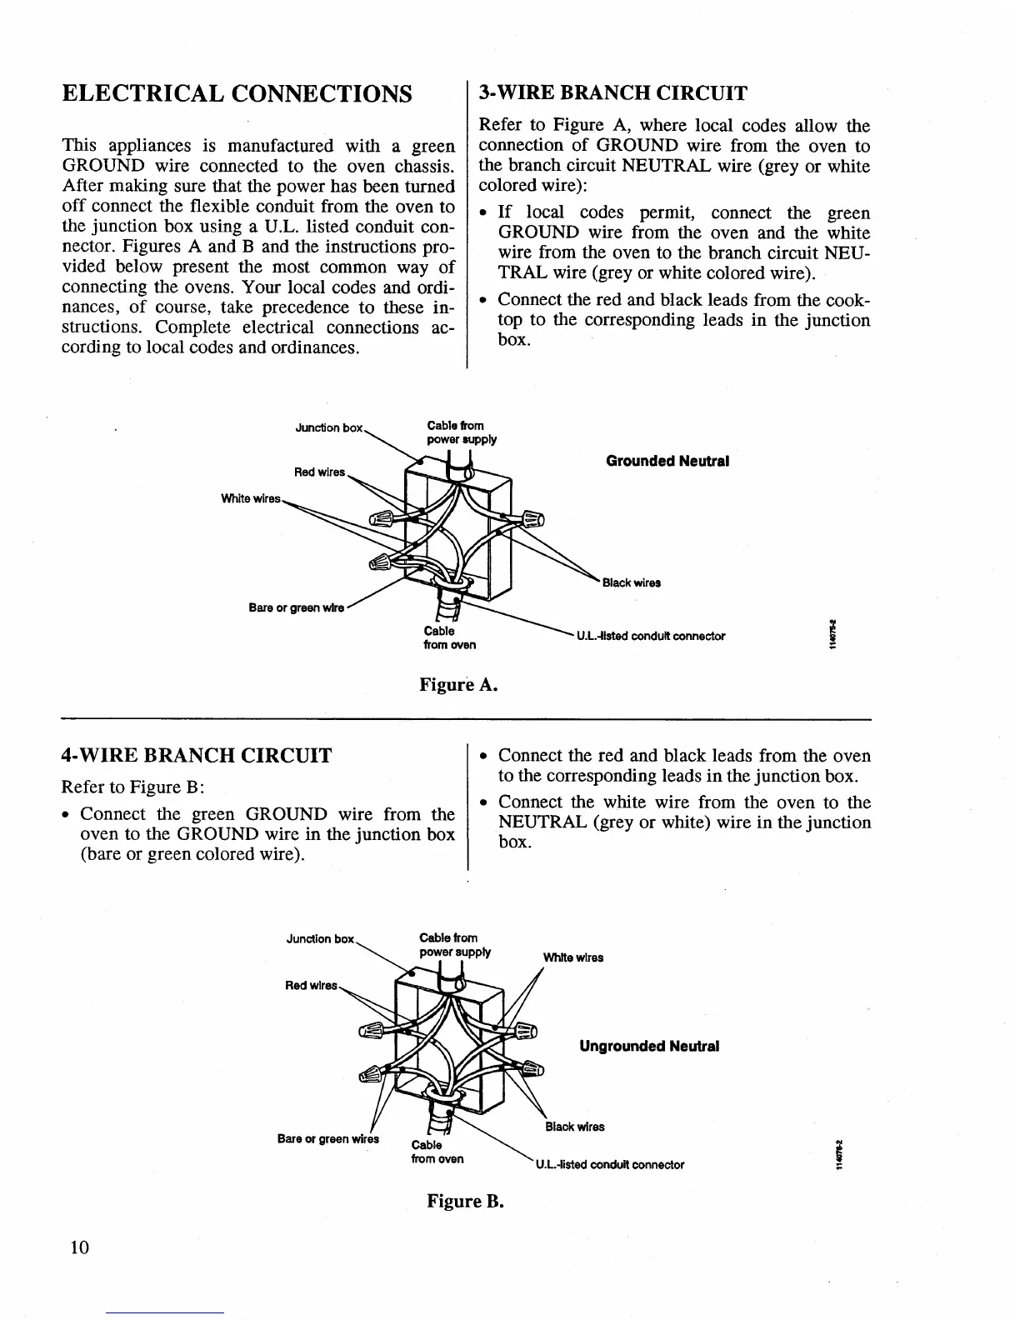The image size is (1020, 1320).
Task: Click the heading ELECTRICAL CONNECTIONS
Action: pyautogui.click(x=237, y=92)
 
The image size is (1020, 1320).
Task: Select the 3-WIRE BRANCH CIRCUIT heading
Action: pyautogui.click(x=612, y=92)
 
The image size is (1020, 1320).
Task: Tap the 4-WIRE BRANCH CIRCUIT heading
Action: pyautogui.click(x=197, y=756)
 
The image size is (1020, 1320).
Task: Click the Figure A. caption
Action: pyautogui.click(x=458, y=685)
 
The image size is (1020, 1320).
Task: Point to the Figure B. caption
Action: pyautogui.click(x=466, y=1201)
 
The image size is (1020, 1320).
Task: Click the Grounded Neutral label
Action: pyautogui.click(x=667, y=461)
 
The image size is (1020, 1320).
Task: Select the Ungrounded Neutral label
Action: pyautogui.click(x=648, y=1046)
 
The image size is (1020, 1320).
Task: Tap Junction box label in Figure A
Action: pyautogui.click(x=329, y=428)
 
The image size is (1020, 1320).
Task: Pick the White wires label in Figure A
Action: pyautogui.click(x=250, y=499)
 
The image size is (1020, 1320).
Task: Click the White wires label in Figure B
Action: pyautogui.click(x=573, y=957)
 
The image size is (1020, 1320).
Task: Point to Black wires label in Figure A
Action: pyautogui.click(x=632, y=583)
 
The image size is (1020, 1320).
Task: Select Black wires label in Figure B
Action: pyautogui.click(x=575, y=1127)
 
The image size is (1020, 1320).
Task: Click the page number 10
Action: pyautogui.click(x=79, y=1247)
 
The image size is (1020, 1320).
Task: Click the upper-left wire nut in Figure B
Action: pyautogui.click(x=372, y=1030)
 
